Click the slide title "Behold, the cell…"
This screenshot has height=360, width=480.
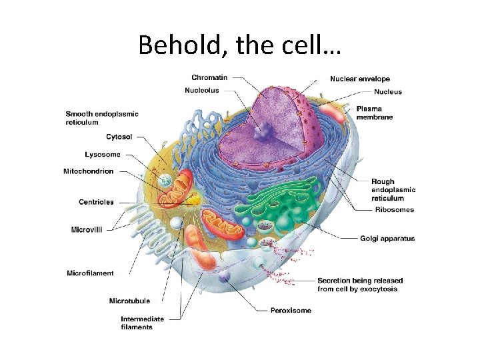pos(239,45)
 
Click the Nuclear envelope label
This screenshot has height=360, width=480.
pos(360,79)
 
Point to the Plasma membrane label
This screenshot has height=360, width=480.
pos(374,113)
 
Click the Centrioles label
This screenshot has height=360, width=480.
pos(96,202)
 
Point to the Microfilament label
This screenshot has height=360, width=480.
pos(90,273)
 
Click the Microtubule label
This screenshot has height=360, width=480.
pos(129,301)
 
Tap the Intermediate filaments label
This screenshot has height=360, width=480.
pos(142,323)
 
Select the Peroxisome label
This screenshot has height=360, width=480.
pos(291,310)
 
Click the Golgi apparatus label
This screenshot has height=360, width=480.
pos(387,238)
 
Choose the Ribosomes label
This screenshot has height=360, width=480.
pos(393,209)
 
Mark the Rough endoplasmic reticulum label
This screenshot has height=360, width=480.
pos(393,189)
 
